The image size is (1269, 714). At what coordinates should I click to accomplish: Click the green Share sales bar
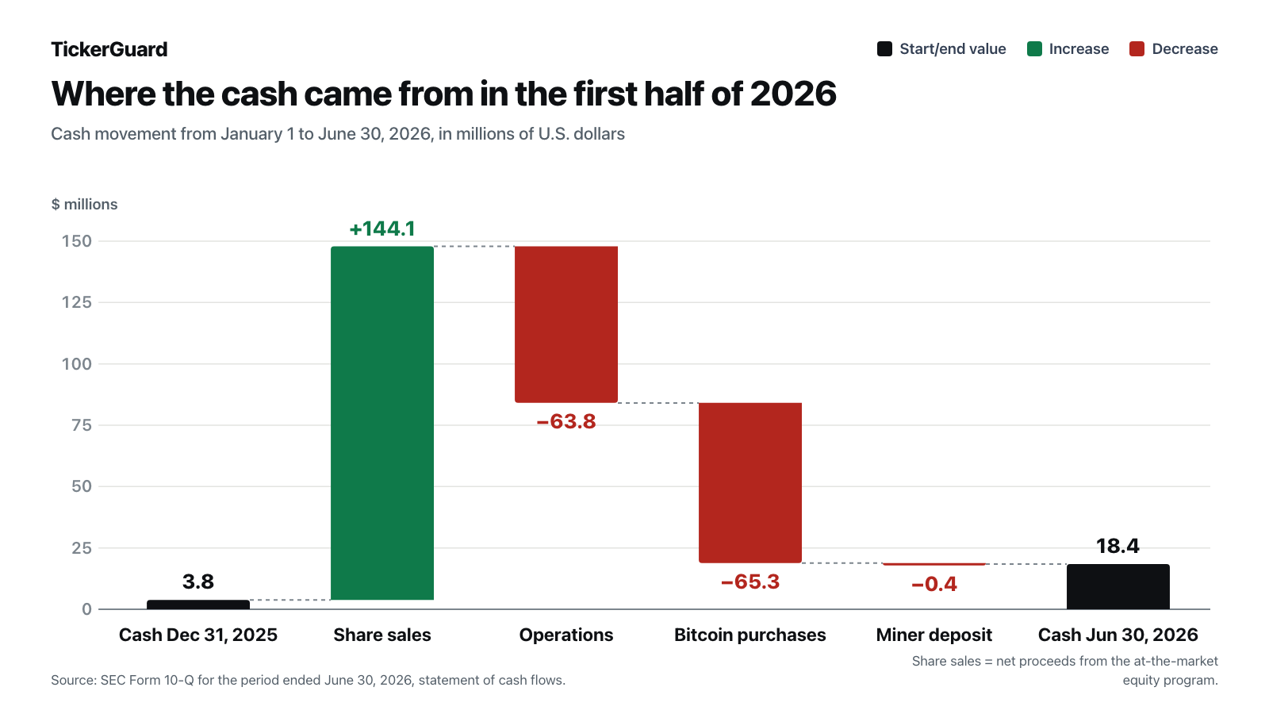point(382,423)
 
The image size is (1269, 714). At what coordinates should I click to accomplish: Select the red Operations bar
point(566,324)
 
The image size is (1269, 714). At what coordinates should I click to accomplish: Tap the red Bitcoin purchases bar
point(750,483)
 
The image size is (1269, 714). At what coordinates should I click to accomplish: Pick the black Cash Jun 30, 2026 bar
point(1118,586)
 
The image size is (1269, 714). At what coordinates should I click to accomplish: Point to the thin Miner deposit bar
point(934,564)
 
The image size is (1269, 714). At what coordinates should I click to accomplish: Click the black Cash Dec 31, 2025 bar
point(198,605)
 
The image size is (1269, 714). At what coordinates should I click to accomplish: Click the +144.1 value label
point(382,228)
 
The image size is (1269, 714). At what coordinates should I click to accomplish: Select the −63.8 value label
point(566,421)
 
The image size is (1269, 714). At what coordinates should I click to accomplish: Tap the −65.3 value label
point(750,582)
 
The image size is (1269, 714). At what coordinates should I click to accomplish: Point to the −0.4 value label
point(934,584)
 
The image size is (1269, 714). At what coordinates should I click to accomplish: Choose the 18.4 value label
point(1118,546)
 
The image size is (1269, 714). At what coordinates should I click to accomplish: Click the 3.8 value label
point(198,582)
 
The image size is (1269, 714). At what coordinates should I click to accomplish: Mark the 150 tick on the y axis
point(76,241)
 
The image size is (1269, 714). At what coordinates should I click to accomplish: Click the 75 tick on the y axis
point(82,425)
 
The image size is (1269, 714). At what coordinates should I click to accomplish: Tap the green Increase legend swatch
point(1034,48)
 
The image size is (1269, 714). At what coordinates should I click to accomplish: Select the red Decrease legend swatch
point(1137,48)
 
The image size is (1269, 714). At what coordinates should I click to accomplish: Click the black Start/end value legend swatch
point(885,48)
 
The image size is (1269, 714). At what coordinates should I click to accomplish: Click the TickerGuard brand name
point(109,49)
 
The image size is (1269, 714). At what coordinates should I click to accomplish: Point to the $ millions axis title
point(84,204)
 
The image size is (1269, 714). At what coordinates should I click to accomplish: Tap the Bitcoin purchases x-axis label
point(750,635)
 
